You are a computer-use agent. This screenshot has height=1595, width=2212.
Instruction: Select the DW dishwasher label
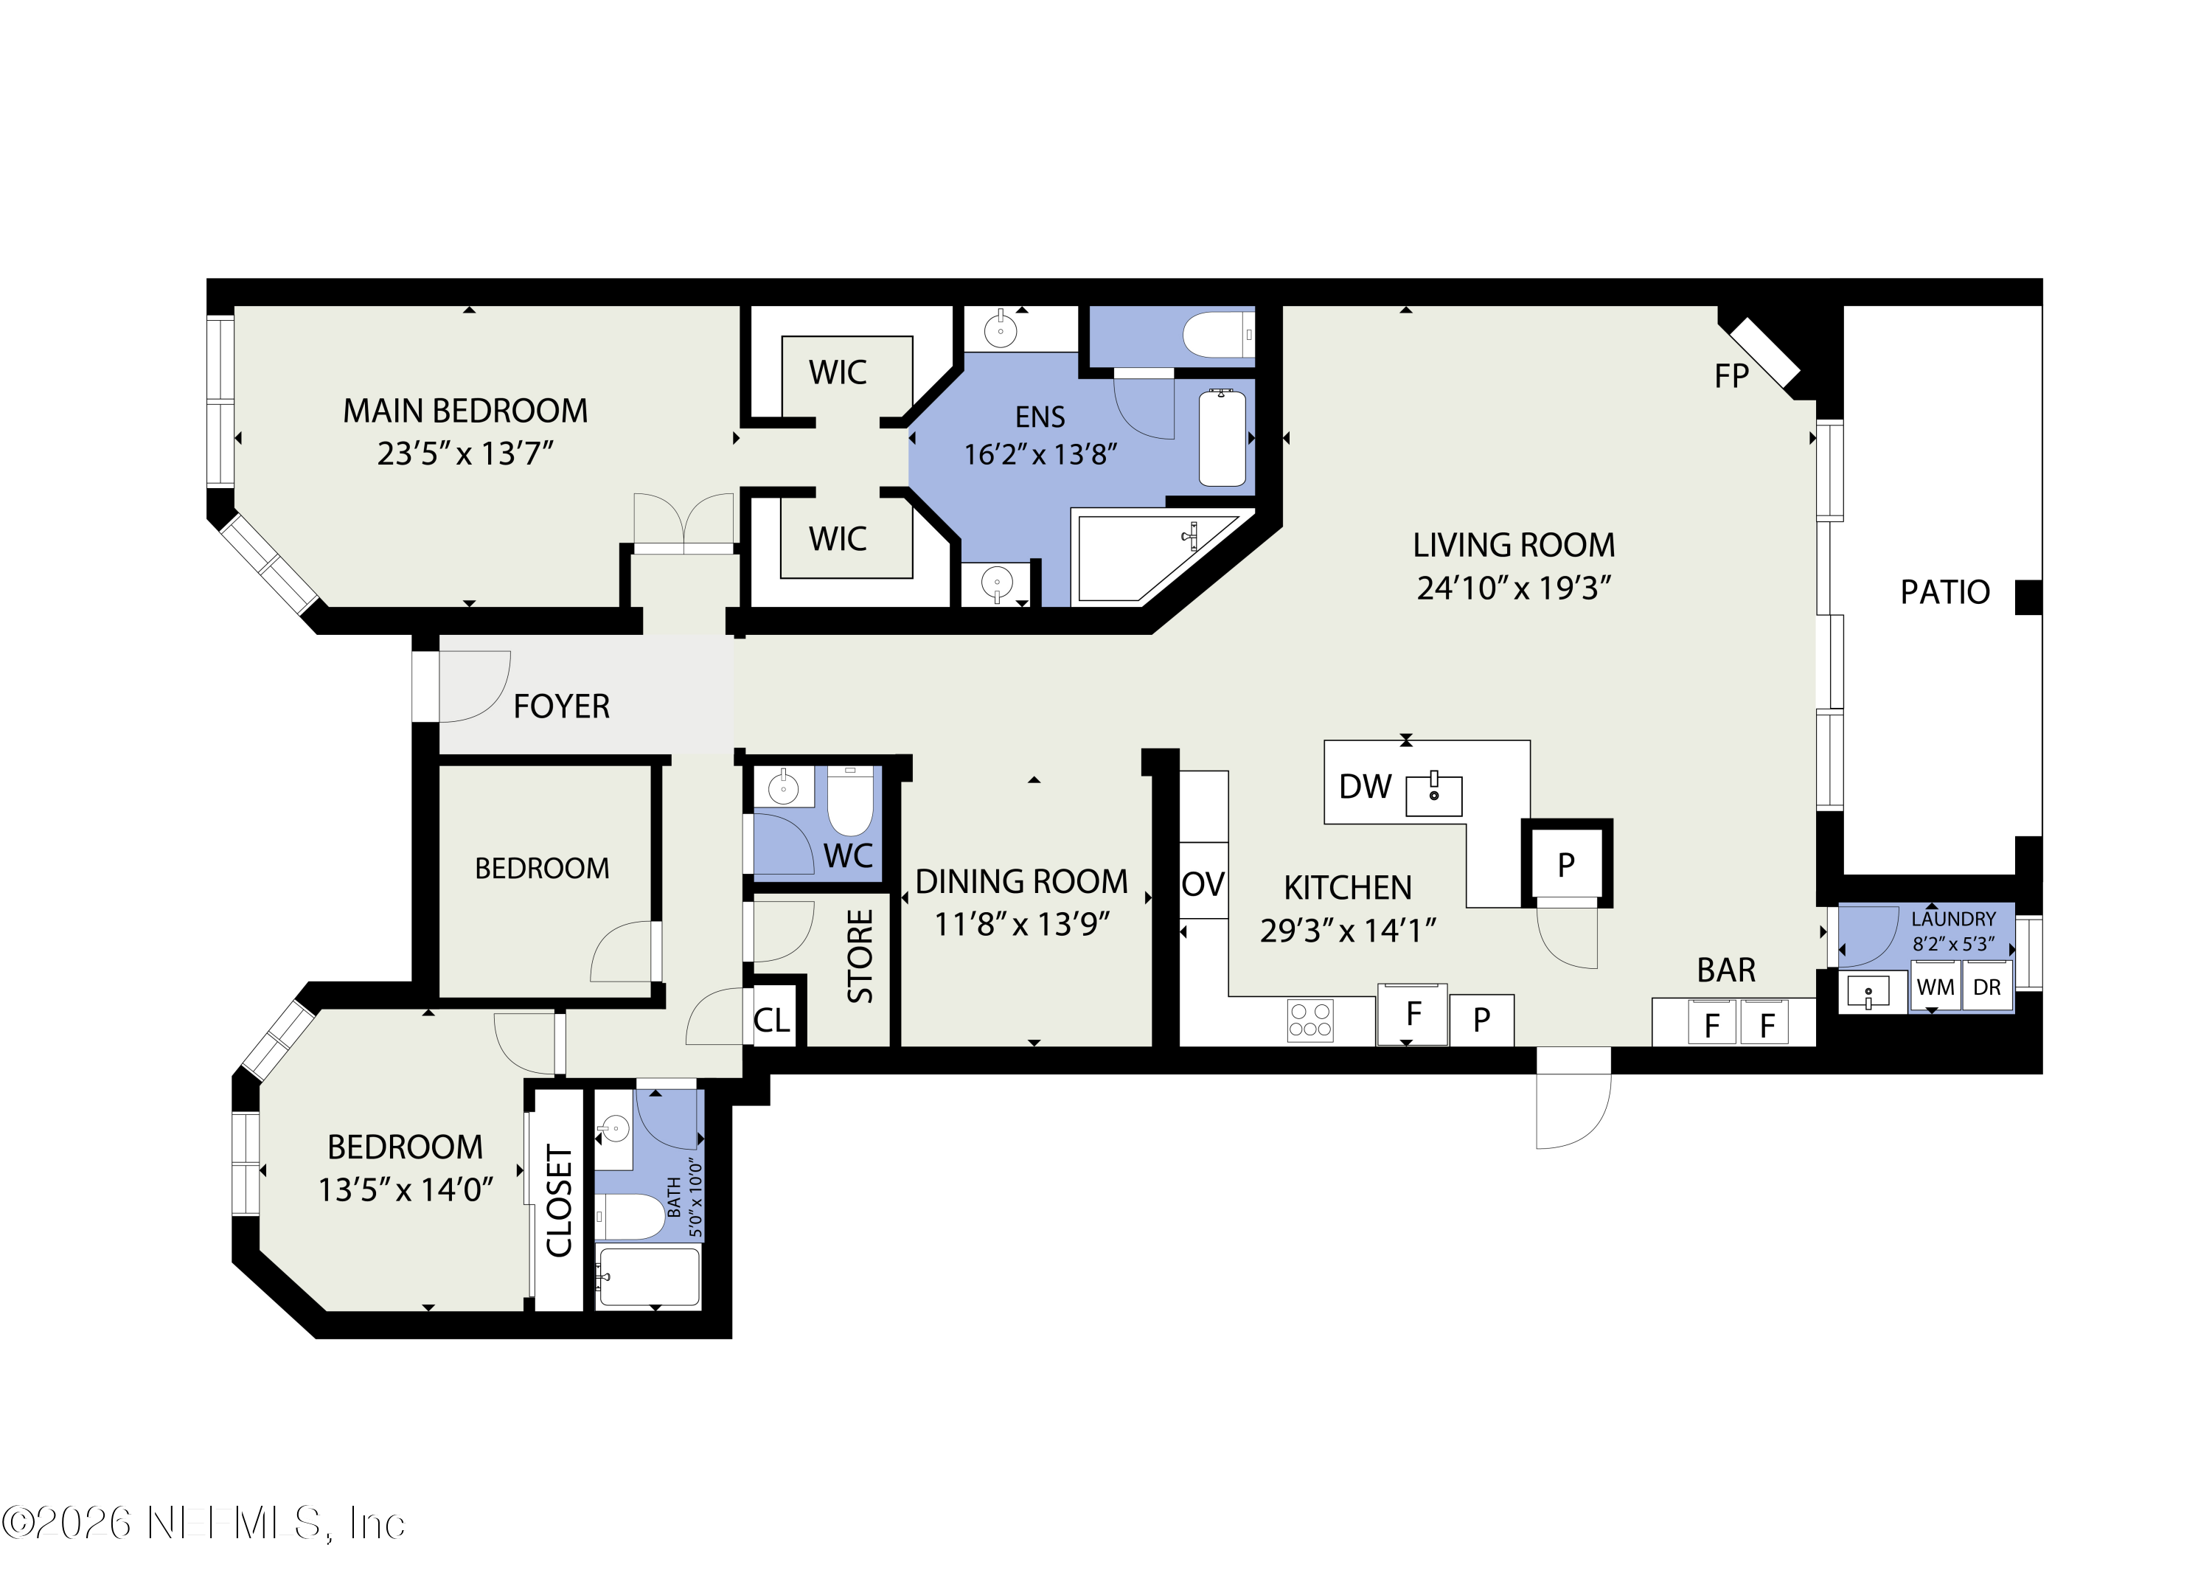(x=1365, y=786)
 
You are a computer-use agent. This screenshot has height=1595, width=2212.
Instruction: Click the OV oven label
(x=1203, y=884)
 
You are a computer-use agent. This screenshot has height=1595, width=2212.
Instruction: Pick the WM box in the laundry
(x=1935, y=987)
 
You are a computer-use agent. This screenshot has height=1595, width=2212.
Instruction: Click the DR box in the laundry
(x=1986, y=987)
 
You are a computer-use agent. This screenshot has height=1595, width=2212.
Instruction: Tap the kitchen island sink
(x=1433, y=795)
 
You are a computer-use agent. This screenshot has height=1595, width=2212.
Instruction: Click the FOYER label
(x=561, y=706)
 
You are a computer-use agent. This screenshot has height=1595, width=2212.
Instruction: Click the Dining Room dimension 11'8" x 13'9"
(x=1021, y=924)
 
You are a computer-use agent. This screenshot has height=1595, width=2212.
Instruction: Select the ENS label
(x=1040, y=417)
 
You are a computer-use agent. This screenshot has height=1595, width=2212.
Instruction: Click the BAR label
(x=1725, y=970)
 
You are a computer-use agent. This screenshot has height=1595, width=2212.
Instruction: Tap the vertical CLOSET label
(x=559, y=1201)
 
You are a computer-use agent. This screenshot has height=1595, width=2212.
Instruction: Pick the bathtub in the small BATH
(x=647, y=1277)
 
